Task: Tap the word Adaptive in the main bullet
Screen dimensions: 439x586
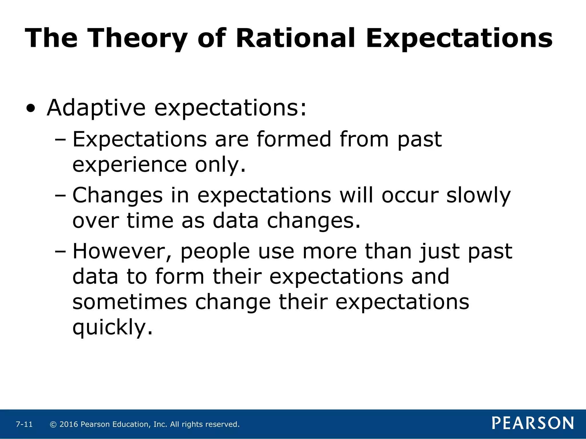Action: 96,108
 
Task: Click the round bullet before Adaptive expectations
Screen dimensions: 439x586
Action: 31,109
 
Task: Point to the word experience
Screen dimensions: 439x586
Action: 130,165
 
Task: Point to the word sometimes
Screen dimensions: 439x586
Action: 130,302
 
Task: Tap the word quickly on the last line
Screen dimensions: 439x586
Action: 112,328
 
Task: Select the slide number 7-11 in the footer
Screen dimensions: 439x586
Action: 24,424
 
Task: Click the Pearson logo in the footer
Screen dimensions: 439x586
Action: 533,423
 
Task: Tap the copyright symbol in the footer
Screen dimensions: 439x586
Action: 53,424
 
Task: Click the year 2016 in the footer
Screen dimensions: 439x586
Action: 69,424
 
